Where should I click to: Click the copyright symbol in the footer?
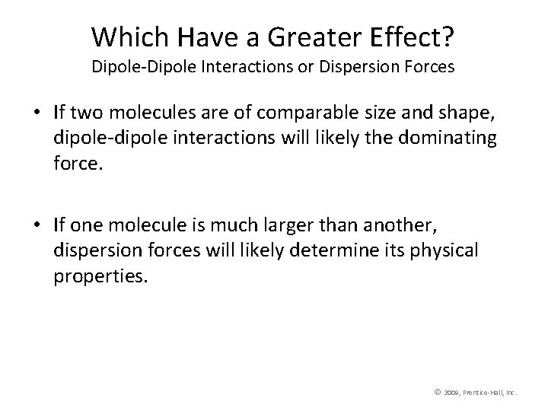point(437,392)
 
